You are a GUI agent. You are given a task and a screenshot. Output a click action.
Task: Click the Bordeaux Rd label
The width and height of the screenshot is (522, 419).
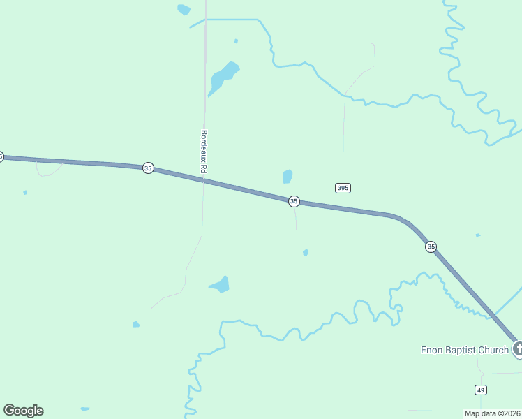(x=204, y=152)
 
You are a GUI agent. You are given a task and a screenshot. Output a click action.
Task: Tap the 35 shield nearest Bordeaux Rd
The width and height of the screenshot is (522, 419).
(x=148, y=168)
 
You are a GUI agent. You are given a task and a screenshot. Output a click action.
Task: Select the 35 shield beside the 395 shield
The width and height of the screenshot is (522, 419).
(x=294, y=201)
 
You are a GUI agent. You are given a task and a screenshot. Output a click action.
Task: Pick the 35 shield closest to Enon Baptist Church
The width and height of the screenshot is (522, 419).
(x=431, y=247)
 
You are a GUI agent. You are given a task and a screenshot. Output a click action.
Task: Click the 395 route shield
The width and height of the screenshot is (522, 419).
(x=342, y=188)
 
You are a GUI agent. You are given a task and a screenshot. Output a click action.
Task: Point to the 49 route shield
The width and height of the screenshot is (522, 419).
(x=481, y=389)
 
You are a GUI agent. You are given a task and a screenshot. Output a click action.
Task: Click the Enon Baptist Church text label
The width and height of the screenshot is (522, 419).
(x=464, y=350)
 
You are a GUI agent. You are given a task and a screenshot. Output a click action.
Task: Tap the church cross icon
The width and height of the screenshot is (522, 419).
(x=518, y=348)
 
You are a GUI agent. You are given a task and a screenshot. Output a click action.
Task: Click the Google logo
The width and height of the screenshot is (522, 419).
(x=23, y=411)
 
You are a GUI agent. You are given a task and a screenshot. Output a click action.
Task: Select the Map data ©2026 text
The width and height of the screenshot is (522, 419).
(x=492, y=413)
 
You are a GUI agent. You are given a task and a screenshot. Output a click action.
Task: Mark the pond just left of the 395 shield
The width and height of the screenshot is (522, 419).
(x=288, y=176)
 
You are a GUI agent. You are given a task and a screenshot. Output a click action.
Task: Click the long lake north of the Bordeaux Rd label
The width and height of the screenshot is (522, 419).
(x=223, y=78)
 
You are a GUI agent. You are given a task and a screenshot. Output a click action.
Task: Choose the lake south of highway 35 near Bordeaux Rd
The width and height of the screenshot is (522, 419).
(x=221, y=285)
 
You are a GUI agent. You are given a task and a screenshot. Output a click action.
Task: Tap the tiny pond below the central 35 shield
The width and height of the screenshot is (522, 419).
(x=306, y=252)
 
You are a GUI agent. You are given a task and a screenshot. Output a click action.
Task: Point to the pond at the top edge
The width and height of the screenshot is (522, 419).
(x=184, y=10)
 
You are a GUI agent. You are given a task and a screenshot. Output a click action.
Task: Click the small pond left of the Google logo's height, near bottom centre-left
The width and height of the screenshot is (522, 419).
(x=136, y=324)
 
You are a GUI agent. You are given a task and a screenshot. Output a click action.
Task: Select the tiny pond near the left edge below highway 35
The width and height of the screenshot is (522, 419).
(x=25, y=193)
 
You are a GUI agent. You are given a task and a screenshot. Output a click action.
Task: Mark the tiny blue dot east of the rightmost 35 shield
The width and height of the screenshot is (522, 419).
(x=477, y=235)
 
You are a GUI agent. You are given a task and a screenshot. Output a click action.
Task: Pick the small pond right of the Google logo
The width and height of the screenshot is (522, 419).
(x=85, y=409)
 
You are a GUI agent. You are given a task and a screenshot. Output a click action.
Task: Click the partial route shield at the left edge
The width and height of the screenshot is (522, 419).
(x=1, y=156)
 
